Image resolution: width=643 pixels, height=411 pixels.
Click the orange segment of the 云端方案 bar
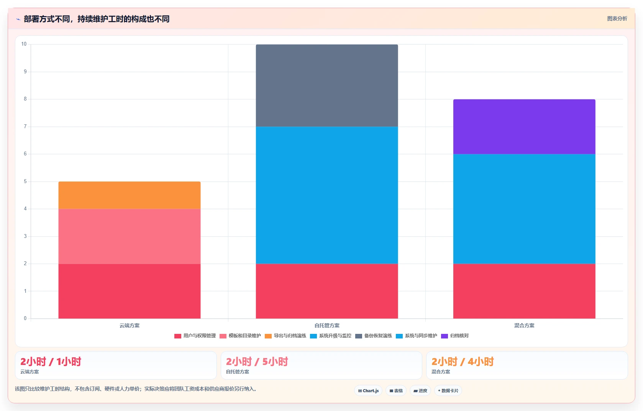[130, 195]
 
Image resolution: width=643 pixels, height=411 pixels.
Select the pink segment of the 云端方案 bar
[130, 236]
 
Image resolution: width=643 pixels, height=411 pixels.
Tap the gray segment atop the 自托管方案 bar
[326, 85]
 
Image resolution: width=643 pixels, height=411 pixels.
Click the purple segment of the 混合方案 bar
[524, 127]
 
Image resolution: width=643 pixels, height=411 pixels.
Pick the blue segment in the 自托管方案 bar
[326, 195]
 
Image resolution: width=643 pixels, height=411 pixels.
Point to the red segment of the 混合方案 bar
[524, 291]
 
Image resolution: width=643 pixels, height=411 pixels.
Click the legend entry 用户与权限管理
[195, 336]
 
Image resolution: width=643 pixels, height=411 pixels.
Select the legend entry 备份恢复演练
[374, 336]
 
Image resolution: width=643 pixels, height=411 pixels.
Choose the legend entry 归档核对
[455, 336]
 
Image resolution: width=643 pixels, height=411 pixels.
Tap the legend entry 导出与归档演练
[285, 336]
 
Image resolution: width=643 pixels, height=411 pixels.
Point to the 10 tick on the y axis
[24, 44]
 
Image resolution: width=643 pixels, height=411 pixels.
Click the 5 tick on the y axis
[25, 182]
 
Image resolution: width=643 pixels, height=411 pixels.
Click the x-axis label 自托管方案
[326, 325]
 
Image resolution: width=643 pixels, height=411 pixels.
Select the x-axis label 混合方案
[524, 325]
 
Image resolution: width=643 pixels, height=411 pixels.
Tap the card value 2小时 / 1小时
[51, 361]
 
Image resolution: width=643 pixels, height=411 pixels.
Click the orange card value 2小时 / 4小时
[463, 361]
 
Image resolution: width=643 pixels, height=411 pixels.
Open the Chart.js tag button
[368, 391]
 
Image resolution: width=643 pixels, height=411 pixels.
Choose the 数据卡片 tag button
[448, 391]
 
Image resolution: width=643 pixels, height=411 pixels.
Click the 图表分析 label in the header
[617, 19]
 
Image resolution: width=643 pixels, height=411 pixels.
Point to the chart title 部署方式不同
[46, 19]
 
